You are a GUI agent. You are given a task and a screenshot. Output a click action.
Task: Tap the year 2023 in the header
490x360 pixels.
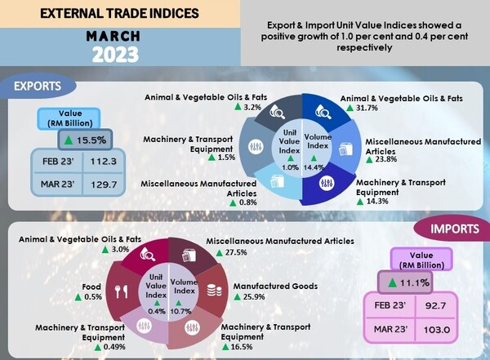pos(120,56)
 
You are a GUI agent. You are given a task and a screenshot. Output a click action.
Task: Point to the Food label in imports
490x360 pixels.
pos(91,287)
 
